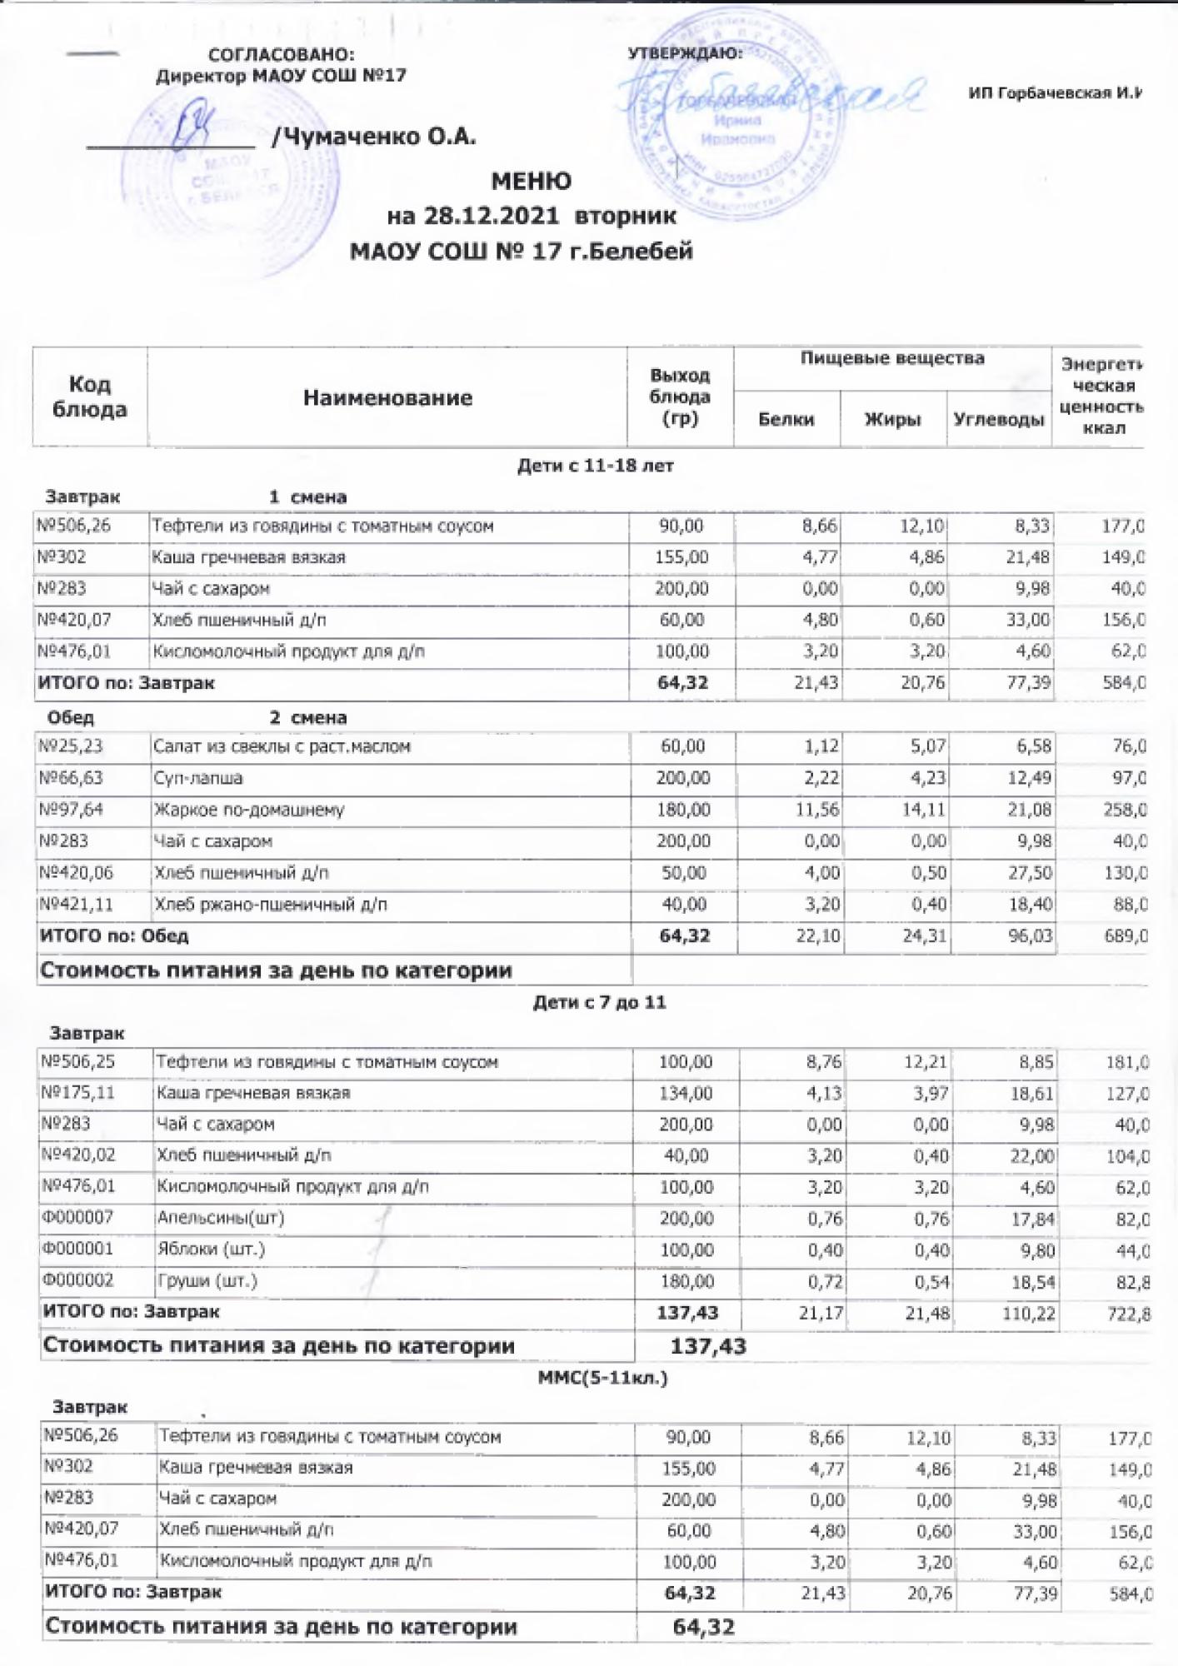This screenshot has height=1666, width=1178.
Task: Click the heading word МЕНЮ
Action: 531,181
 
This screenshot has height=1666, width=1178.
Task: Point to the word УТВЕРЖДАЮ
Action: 684,54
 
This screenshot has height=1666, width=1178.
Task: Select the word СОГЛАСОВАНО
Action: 281,55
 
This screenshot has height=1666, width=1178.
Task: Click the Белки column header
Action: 786,419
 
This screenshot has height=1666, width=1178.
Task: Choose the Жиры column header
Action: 892,419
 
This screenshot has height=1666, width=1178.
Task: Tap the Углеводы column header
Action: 998,419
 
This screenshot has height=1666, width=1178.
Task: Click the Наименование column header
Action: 387,398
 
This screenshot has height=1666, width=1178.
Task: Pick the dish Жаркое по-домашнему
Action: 248,810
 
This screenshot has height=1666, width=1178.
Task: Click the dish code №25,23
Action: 71,746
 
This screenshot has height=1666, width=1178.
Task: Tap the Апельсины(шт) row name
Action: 221,1218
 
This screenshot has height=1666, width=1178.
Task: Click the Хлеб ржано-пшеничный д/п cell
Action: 271,905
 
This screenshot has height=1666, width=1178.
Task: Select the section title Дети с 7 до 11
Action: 599,1002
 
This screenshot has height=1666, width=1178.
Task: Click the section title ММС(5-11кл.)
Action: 602,1378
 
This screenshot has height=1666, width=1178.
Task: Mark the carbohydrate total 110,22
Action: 1032,1314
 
